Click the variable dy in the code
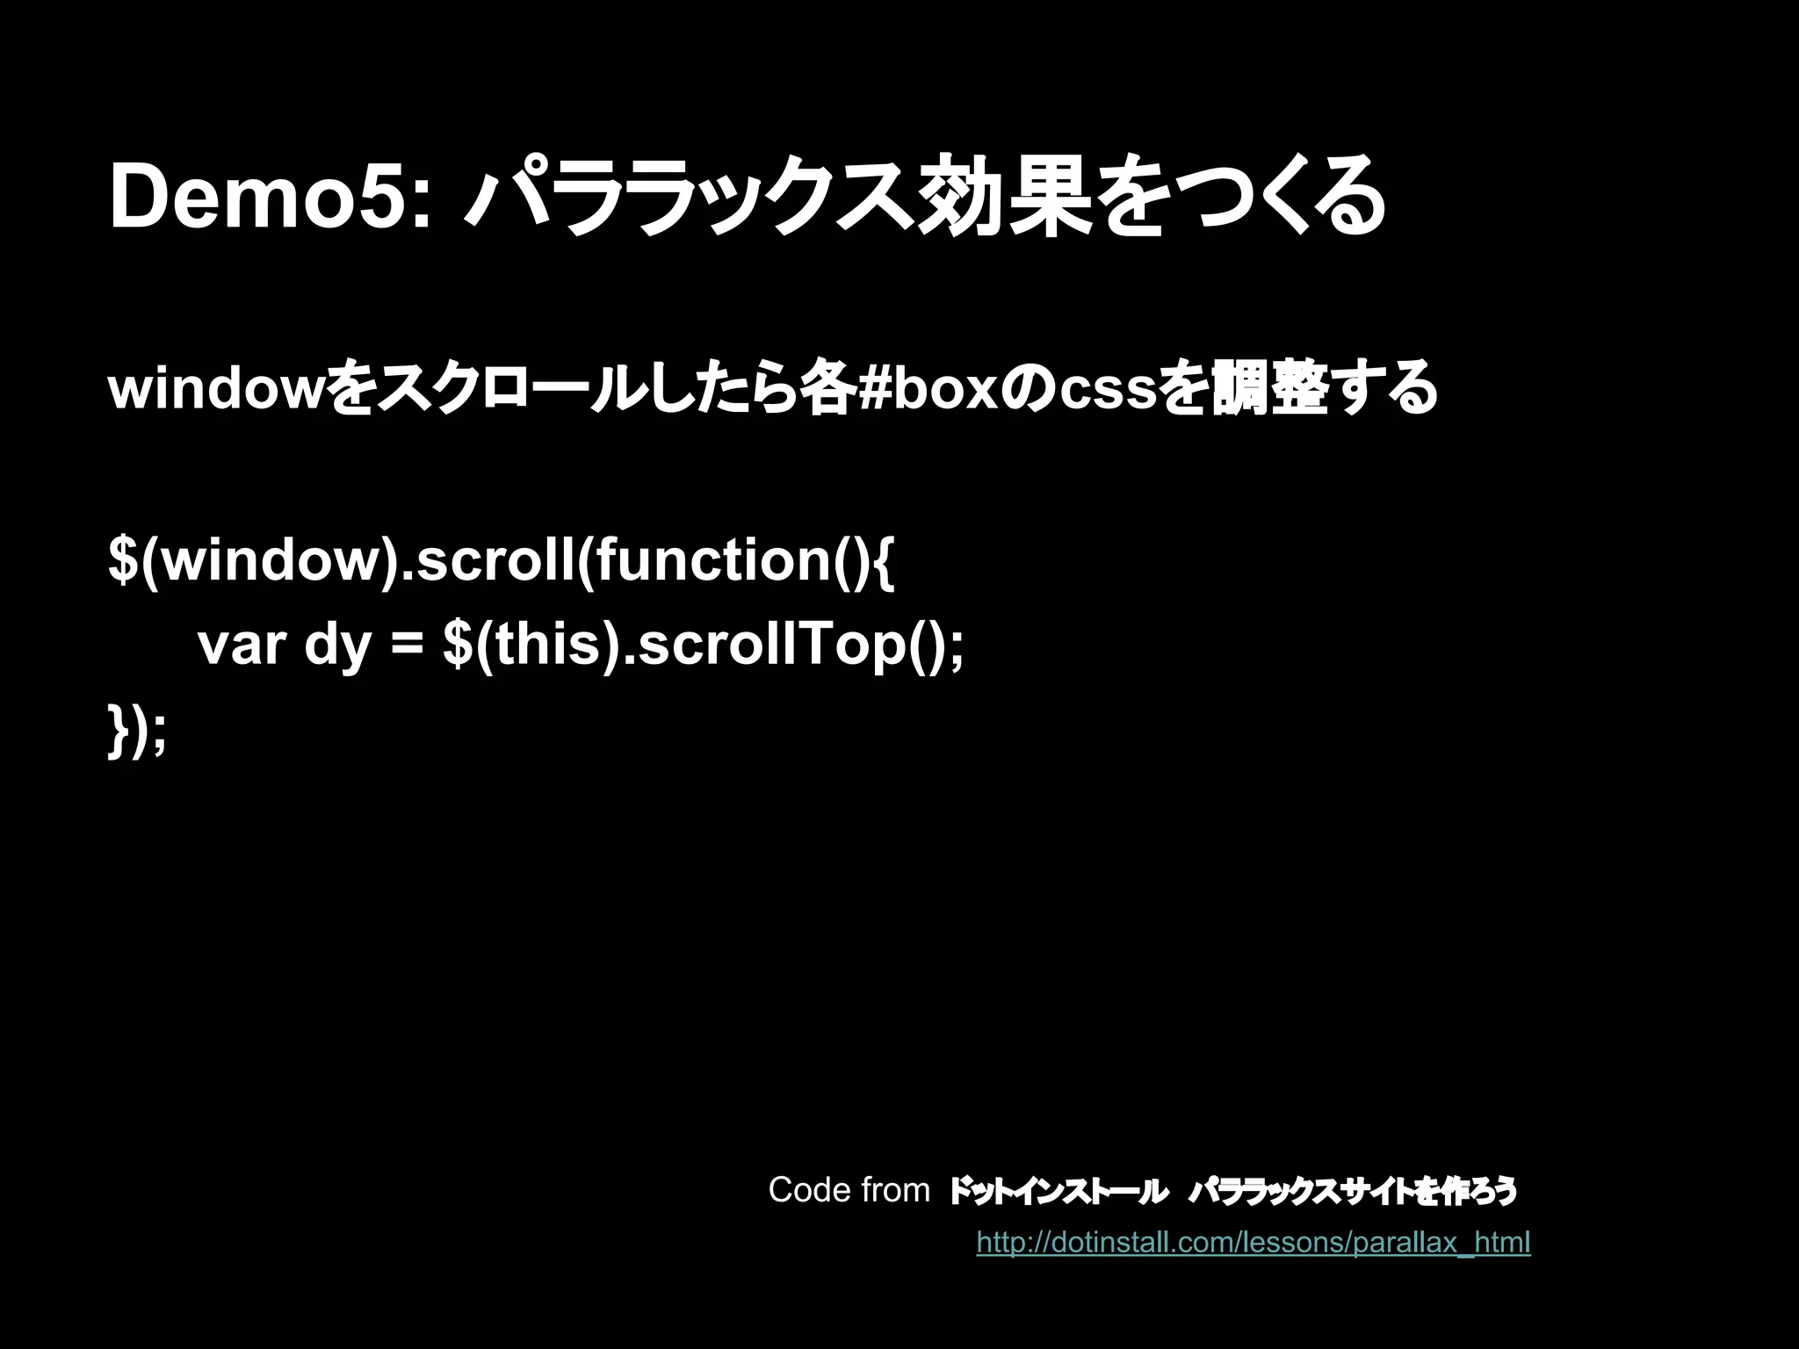point(338,648)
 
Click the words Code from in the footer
point(849,1190)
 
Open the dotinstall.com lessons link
point(1254,1243)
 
